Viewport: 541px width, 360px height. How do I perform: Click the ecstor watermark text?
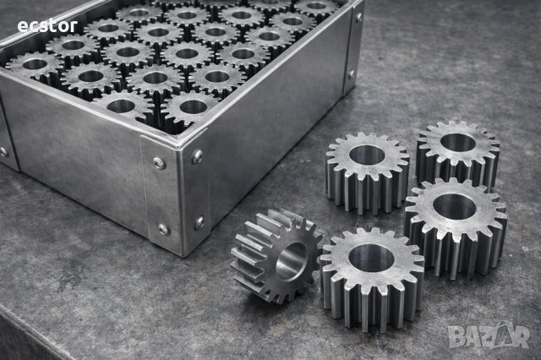point(47,26)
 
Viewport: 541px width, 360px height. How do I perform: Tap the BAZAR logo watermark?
point(489,335)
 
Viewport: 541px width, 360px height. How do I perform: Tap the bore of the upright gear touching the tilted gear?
point(371,258)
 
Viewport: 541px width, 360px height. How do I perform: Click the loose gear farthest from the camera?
point(457,155)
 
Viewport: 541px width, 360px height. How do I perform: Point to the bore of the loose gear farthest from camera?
point(458,143)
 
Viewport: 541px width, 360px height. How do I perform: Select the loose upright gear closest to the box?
point(368,172)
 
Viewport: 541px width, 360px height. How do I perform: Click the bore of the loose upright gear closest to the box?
point(367,155)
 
